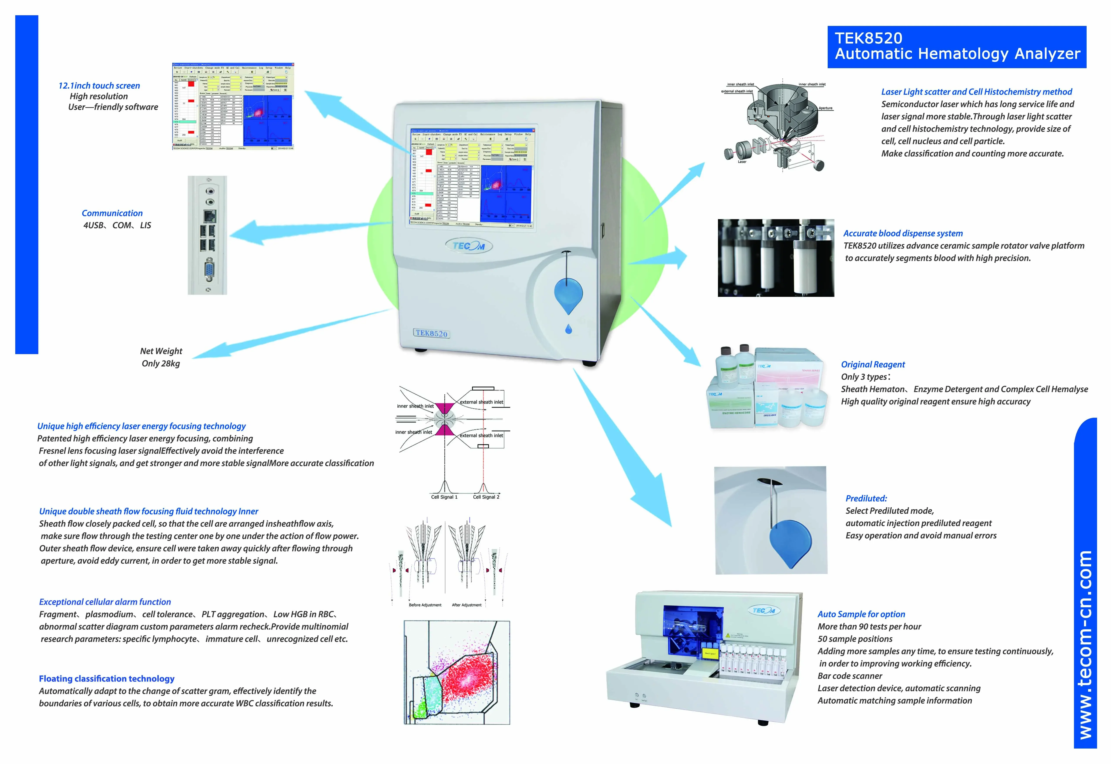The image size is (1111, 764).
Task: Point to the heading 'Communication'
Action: (112, 213)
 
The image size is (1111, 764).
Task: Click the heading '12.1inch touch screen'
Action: (99, 86)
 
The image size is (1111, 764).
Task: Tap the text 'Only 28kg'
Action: (161, 363)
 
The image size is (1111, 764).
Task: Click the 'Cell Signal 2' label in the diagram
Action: (486, 497)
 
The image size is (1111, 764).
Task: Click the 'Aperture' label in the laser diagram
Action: (825, 108)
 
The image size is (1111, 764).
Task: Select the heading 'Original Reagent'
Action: (873, 364)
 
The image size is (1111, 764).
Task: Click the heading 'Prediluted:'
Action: (866, 498)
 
